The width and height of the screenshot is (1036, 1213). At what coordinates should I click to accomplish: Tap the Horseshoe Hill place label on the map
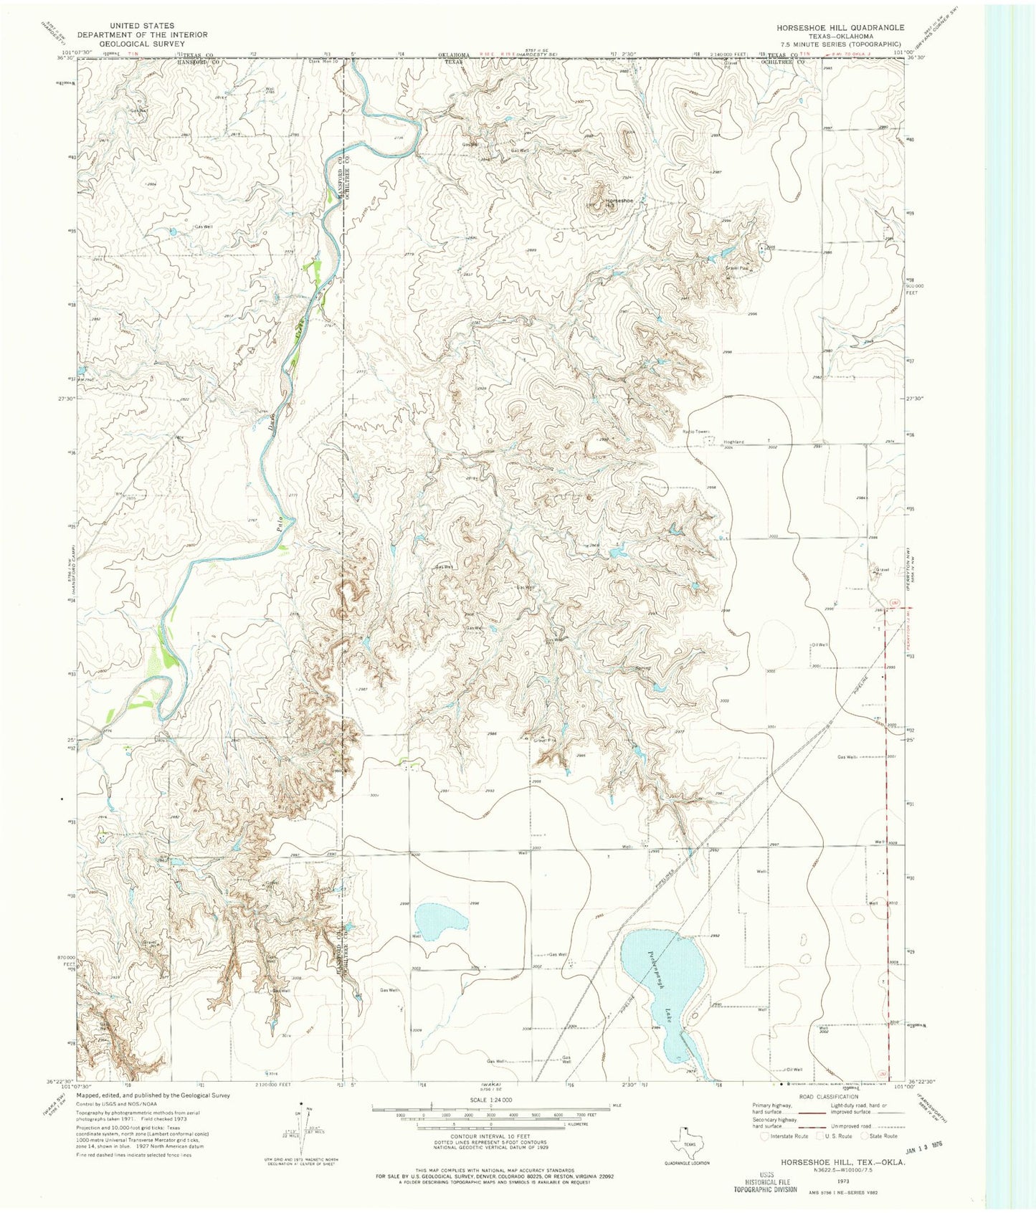(619, 203)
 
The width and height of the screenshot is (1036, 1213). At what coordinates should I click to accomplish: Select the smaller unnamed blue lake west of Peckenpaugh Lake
(441, 923)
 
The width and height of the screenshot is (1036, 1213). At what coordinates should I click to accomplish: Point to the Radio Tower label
(694, 432)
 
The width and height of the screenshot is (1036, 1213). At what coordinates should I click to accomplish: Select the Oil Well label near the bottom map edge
(794, 1070)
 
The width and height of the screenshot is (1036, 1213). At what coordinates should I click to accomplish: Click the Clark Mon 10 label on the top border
(323, 61)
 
